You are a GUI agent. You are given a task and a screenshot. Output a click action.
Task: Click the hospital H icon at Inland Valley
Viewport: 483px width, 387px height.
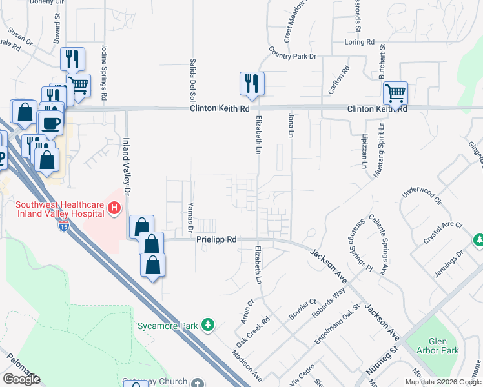[114, 208]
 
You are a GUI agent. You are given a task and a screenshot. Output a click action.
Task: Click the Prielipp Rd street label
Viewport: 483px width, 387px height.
[217, 239]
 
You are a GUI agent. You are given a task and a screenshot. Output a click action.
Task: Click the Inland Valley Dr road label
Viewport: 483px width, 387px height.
[127, 166]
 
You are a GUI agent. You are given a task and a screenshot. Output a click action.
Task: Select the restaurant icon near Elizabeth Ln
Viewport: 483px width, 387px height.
[251, 83]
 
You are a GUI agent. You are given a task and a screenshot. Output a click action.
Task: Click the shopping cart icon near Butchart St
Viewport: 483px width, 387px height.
[395, 92]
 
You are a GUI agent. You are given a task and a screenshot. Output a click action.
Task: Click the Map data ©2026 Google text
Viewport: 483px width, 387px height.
[443, 382]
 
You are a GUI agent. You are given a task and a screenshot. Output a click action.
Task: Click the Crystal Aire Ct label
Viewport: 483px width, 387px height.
[443, 232]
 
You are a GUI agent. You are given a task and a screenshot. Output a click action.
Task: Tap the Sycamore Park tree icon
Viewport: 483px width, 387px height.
[207, 324]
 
